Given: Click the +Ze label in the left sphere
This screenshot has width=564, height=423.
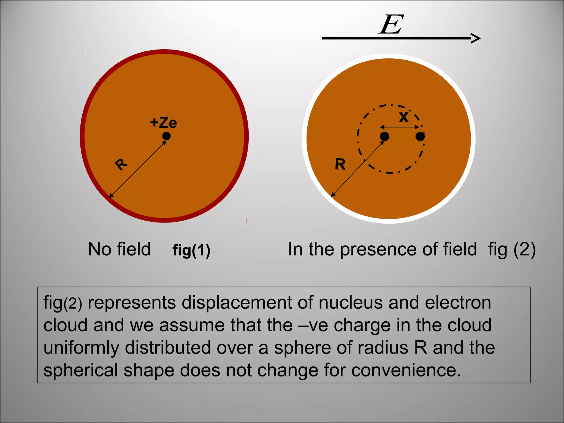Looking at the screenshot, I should pos(164,123).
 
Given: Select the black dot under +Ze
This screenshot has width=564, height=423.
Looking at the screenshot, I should pos(166,136).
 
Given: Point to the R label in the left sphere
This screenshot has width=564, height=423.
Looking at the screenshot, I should pos(121,164).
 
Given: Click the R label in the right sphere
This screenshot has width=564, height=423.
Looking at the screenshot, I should pos(340,164).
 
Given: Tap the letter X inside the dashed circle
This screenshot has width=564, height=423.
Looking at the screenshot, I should pos(404,117).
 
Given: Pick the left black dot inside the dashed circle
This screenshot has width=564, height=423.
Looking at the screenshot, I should pos(384,136).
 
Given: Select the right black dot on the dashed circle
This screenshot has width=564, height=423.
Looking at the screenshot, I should pos(420,136).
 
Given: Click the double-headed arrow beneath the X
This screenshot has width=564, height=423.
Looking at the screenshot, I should pos(400,127).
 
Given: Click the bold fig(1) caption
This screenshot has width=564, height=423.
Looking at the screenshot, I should pos(191,250).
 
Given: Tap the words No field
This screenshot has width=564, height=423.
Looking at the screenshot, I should pos(119,249).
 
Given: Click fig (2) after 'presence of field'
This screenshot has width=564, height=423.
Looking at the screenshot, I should pos(512,249).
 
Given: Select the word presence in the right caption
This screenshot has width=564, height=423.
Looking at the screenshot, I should pos(380,249).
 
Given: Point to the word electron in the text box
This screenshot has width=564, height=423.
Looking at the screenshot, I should pos(458,303).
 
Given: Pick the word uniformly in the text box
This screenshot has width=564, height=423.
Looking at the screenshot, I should pos(81,348).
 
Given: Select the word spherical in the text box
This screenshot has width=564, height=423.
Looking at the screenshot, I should pos(81,370).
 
